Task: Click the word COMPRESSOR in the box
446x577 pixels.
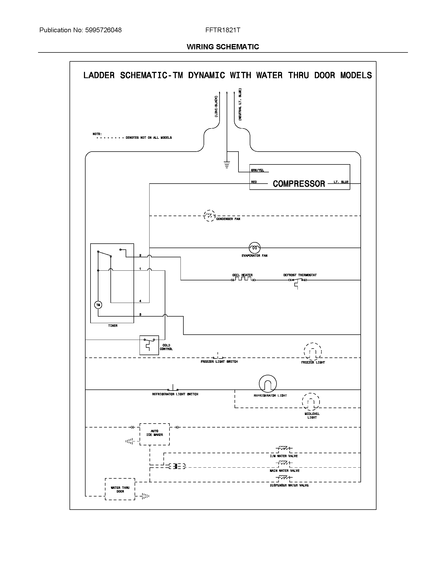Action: point(299,184)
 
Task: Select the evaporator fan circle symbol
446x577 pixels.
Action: point(254,248)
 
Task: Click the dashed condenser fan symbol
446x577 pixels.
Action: point(210,216)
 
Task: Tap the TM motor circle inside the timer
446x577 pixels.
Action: point(98,305)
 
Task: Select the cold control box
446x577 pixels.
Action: point(149,345)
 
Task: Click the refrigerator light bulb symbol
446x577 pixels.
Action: point(268,384)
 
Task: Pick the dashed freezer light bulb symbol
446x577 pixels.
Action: point(312,352)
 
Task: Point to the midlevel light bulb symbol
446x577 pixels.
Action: point(311,402)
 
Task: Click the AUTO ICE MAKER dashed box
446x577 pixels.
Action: point(155,434)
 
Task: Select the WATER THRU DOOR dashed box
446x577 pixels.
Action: point(120,489)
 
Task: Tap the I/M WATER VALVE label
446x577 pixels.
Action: point(284,456)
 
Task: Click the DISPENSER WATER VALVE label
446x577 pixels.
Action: point(289,485)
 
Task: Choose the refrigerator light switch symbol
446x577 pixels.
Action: point(173,389)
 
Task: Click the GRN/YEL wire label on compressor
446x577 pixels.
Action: point(257,170)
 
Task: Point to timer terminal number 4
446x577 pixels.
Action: point(140,301)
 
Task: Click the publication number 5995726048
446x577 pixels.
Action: point(103,30)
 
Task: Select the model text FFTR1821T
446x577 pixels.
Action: point(223,30)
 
